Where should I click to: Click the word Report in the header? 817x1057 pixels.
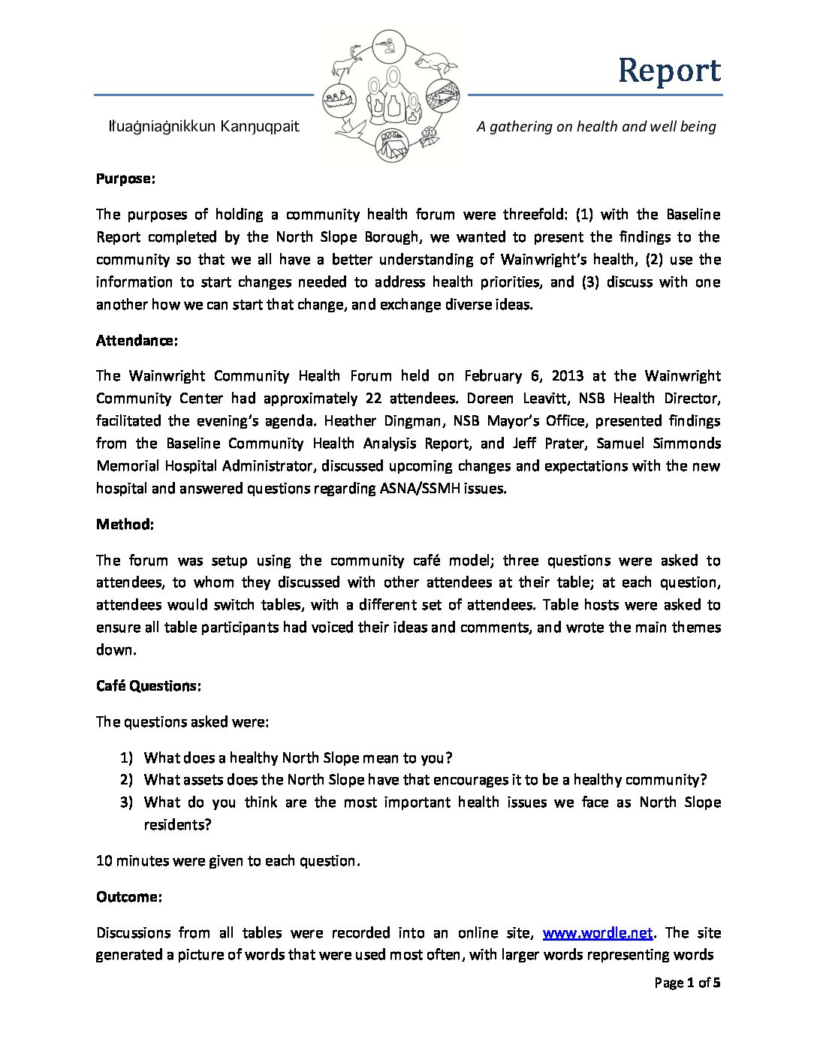(669, 71)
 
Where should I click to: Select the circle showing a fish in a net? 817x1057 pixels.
(442, 95)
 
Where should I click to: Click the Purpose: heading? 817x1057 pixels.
(125, 179)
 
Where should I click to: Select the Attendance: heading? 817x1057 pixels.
(137, 341)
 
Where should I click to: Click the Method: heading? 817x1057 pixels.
(125, 525)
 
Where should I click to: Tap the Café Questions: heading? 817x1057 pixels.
(148, 686)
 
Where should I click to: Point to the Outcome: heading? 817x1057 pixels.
(128, 897)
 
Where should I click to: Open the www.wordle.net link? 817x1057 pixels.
(598, 933)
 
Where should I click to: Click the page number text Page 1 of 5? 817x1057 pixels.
(687, 983)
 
